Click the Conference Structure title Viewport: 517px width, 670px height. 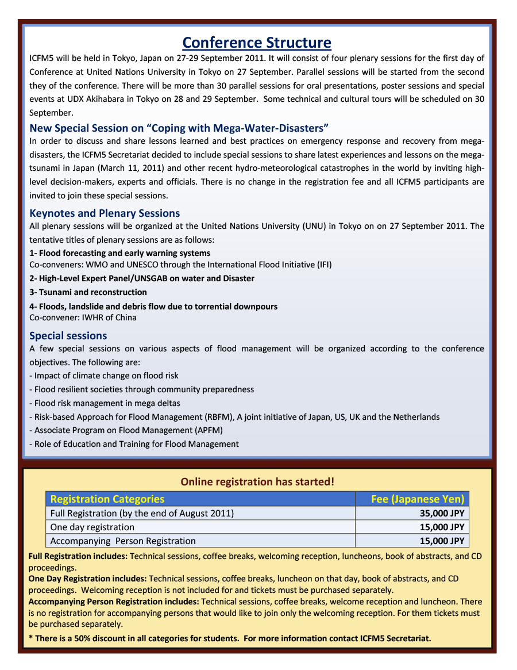tap(257, 43)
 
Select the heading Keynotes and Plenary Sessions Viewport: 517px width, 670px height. tap(105, 213)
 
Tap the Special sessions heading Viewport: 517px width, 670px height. tap(68, 335)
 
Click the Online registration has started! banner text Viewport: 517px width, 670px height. tap(257, 482)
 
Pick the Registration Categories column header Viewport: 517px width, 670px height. tap(107, 499)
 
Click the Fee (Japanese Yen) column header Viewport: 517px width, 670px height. tap(418, 499)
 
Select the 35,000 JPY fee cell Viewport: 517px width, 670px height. tap(442, 513)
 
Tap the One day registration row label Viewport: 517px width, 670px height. tap(92, 527)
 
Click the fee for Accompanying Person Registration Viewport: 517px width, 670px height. tap(442, 541)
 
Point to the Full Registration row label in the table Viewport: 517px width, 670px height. tap(142, 513)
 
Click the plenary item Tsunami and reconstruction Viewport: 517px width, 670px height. tap(88, 292)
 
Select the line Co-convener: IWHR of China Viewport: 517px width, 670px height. tap(83, 317)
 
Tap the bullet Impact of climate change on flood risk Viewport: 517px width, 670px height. tap(104, 376)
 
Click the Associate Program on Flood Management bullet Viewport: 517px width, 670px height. tap(126, 430)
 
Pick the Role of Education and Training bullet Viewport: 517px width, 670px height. tap(134, 444)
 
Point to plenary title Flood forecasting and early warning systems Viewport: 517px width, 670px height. tap(119, 253)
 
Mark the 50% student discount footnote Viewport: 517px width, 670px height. tap(230, 638)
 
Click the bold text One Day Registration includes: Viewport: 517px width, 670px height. tap(87, 579)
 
